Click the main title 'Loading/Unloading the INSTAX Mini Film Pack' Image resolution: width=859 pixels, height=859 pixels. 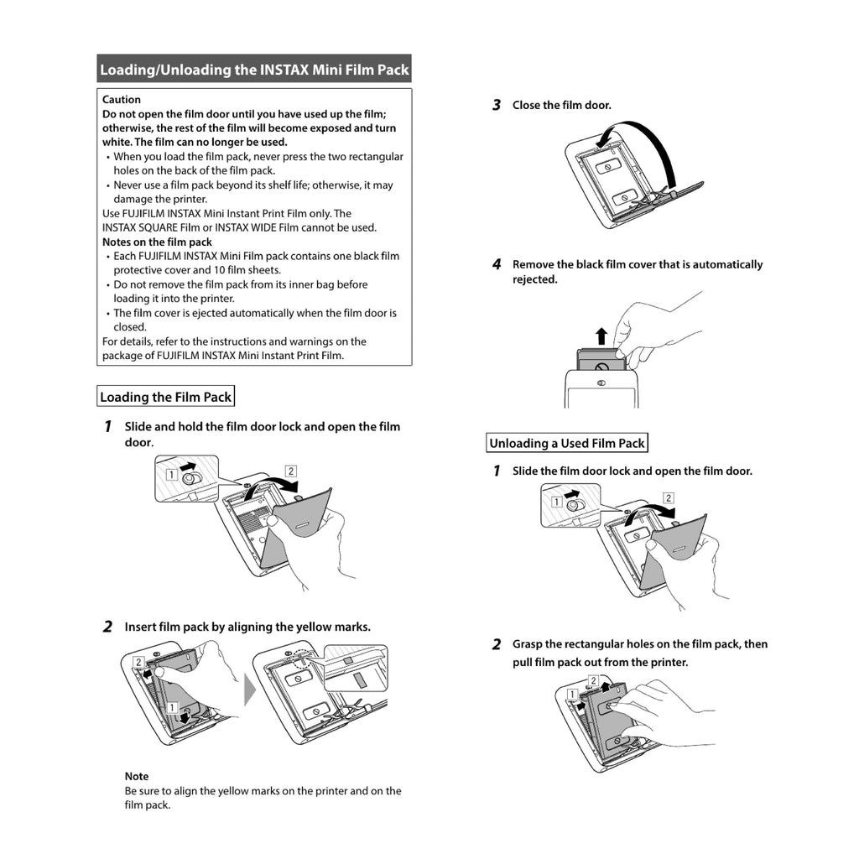tap(254, 70)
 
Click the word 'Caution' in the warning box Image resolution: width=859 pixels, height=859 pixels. tap(122, 100)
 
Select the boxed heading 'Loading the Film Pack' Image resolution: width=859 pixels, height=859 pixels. tap(165, 397)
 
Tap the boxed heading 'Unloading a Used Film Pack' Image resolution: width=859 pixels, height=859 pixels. tap(567, 443)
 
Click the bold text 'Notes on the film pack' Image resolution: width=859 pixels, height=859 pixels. tap(157, 242)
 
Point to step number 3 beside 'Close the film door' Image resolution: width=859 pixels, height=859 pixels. tap(496, 106)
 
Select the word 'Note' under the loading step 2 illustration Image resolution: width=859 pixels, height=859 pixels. tap(137, 777)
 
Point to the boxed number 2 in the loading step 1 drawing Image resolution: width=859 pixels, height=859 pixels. tap(291, 471)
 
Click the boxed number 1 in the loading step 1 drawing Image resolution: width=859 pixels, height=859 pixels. tap(170, 474)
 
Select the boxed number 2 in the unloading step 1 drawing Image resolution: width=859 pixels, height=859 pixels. tap(668, 498)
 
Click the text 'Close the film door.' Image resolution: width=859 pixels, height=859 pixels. tap(562, 106)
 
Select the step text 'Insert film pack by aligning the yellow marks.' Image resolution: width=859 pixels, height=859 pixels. tap(247, 627)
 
